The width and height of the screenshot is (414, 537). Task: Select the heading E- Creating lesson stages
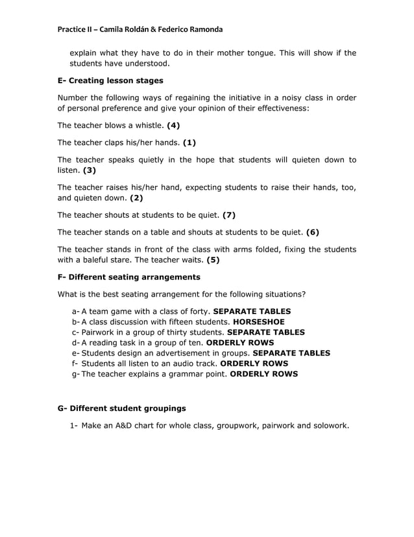(x=110, y=81)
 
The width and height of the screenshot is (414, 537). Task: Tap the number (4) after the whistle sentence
(x=173, y=125)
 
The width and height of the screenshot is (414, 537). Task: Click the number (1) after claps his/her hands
(x=189, y=142)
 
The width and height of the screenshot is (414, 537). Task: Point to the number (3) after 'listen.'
(x=90, y=170)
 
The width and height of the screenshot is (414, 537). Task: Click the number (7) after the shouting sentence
(x=228, y=215)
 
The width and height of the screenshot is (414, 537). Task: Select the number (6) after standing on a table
(x=312, y=232)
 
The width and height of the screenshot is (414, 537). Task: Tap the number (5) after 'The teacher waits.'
(x=213, y=260)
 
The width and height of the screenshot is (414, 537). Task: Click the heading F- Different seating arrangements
(x=128, y=277)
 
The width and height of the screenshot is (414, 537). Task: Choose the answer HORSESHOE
(x=258, y=322)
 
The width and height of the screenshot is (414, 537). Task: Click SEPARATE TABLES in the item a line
(x=252, y=311)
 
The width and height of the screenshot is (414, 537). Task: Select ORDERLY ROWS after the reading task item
(x=239, y=343)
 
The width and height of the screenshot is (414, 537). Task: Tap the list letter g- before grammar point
(x=75, y=374)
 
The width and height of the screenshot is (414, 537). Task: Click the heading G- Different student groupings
(x=121, y=408)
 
